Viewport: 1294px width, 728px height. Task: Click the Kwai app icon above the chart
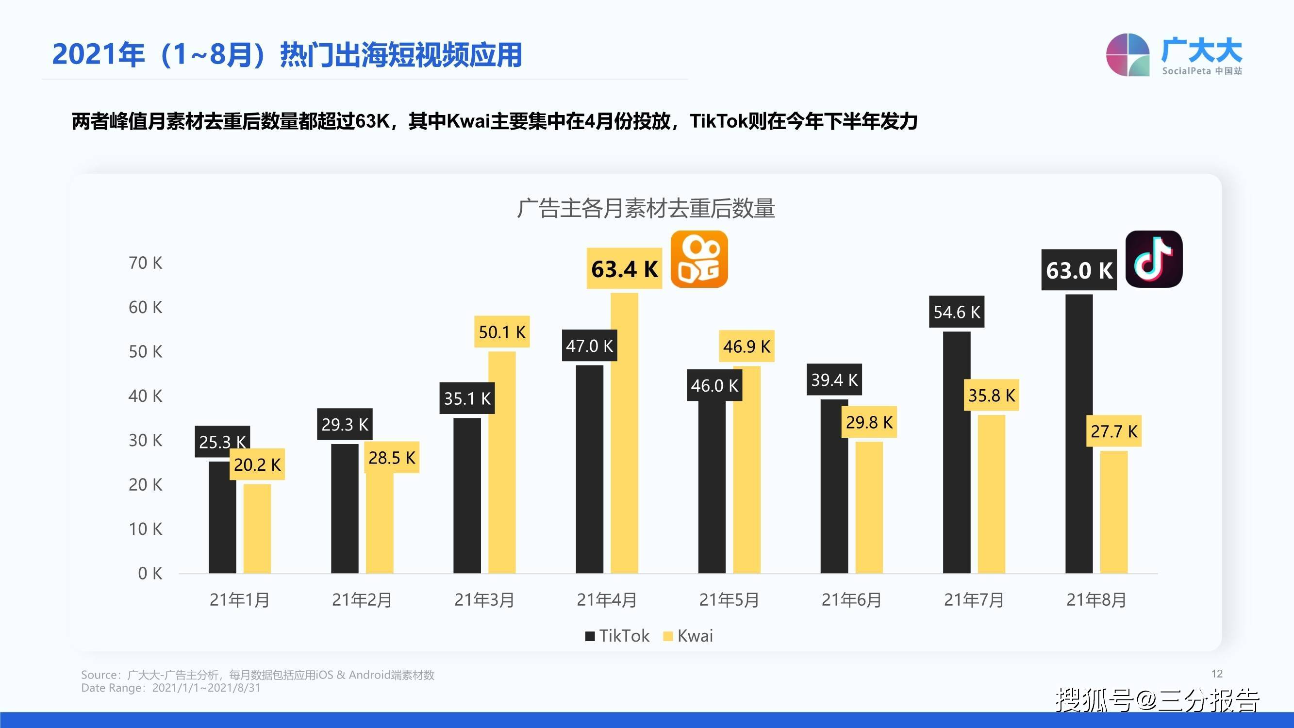point(699,259)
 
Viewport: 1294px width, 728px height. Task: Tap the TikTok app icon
point(1153,259)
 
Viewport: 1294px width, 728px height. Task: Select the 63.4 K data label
point(624,269)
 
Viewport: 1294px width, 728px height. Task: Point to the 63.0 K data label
point(1078,270)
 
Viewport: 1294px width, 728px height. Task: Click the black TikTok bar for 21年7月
point(957,452)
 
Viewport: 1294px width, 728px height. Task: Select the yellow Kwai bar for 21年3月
point(502,462)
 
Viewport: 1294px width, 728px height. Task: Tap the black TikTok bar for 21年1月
point(222,517)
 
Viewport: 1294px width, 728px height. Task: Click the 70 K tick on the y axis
point(145,263)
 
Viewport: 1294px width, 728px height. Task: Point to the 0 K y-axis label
point(149,573)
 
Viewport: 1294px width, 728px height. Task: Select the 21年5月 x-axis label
point(729,600)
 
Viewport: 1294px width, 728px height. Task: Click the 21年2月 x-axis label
point(362,600)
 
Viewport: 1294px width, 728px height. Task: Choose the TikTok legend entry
point(617,636)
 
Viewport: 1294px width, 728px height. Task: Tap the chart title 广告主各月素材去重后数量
point(646,208)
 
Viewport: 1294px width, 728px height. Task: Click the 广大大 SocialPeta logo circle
point(1128,55)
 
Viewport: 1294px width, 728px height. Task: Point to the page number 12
point(1217,674)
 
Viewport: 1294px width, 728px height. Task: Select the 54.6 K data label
point(957,312)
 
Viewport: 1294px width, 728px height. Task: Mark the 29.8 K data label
point(869,422)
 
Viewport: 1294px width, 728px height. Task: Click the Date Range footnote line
point(171,688)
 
